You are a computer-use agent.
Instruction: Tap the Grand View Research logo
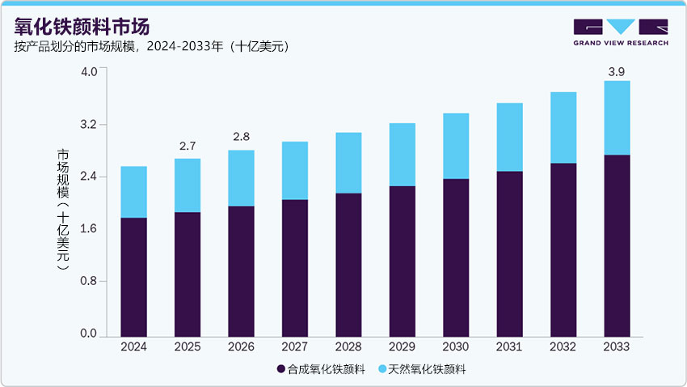tap(620, 32)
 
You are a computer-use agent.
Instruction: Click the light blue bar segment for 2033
tap(617, 117)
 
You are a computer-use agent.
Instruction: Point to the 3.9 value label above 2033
tap(616, 72)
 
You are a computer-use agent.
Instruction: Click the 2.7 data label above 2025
tap(187, 147)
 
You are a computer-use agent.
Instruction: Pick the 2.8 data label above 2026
tap(241, 137)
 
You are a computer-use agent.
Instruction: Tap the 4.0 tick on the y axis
tap(89, 72)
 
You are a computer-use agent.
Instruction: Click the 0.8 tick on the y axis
tap(89, 282)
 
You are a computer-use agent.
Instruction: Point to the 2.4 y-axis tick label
tap(89, 176)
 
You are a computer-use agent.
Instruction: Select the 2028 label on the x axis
tap(348, 347)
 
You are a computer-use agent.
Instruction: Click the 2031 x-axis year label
tap(509, 347)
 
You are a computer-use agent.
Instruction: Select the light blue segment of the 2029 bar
tap(402, 155)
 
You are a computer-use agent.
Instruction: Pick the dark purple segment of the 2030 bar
tap(456, 257)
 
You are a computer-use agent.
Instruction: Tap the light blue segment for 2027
tap(294, 170)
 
